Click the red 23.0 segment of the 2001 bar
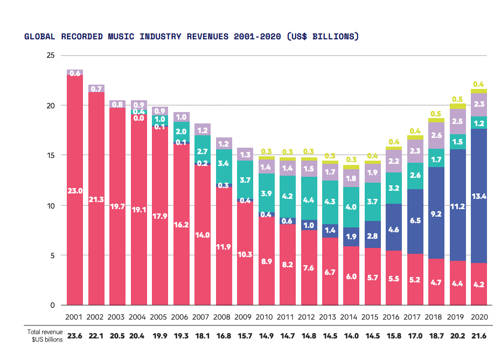[75, 190]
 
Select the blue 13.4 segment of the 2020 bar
[478, 196]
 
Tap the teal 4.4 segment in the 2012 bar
[309, 200]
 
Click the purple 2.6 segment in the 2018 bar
[436, 135]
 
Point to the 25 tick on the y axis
[51, 56]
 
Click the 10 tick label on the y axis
[51, 205]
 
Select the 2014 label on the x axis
[351, 317]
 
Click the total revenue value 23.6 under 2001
[75, 335]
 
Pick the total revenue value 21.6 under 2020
[478, 335]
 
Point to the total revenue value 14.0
[351, 335]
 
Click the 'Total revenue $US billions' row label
[45, 336]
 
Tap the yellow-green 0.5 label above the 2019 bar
[457, 99]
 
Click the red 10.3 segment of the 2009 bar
[245, 254]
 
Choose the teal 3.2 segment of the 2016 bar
[394, 188]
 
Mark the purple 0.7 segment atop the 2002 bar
[96, 88]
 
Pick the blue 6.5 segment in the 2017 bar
[415, 221]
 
